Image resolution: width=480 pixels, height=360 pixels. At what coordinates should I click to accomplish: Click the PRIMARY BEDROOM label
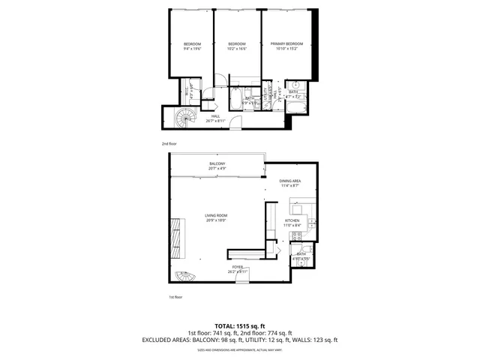pyautogui.click(x=287, y=44)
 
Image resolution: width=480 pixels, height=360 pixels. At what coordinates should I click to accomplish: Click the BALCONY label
pyautogui.click(x=217, y=164)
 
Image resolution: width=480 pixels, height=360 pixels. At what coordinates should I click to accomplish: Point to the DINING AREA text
pyautogui.click(x=290, y=181)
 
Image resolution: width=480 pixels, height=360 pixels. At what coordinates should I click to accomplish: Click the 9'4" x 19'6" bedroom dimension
pyautogui.click(x=193, y=49)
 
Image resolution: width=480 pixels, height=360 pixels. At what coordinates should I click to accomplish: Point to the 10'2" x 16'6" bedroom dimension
pyautogui.click(x=237, y=49)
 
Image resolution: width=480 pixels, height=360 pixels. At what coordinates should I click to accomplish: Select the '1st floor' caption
pyautogui.click(x=176, y=297)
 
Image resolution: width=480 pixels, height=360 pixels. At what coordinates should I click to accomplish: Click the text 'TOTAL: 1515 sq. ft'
pyautogui.click(x=240, y=325)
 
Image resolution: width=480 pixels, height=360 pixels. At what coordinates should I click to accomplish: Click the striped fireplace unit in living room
pyautogui.click(x=175, y=236)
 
